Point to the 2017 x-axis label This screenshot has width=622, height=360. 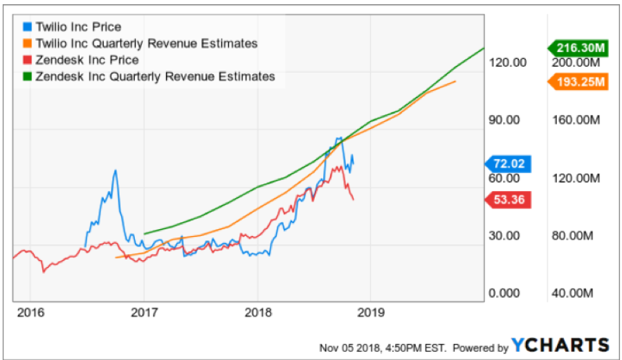(143, 312)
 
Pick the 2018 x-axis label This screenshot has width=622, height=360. (257, 312)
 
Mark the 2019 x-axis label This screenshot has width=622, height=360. (372, 312)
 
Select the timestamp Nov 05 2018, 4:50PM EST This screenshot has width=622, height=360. (383, 347)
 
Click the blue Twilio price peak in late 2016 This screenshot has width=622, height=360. (115, 170)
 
